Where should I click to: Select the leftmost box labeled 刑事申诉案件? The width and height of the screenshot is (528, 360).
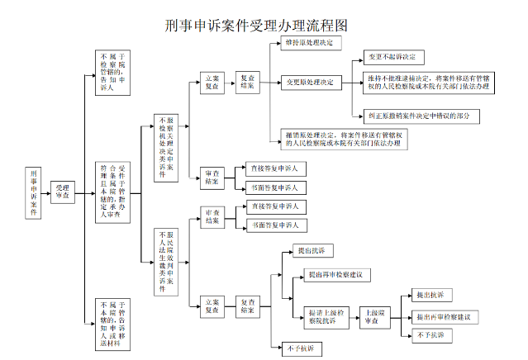pos(33,194)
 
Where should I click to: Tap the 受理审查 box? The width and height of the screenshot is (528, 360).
pos(62,194)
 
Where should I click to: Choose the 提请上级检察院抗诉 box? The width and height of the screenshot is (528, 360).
pos(324,317)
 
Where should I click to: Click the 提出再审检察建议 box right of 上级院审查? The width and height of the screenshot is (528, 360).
pos(443,317)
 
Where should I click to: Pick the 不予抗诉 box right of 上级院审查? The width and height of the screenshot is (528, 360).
pos(430,335)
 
